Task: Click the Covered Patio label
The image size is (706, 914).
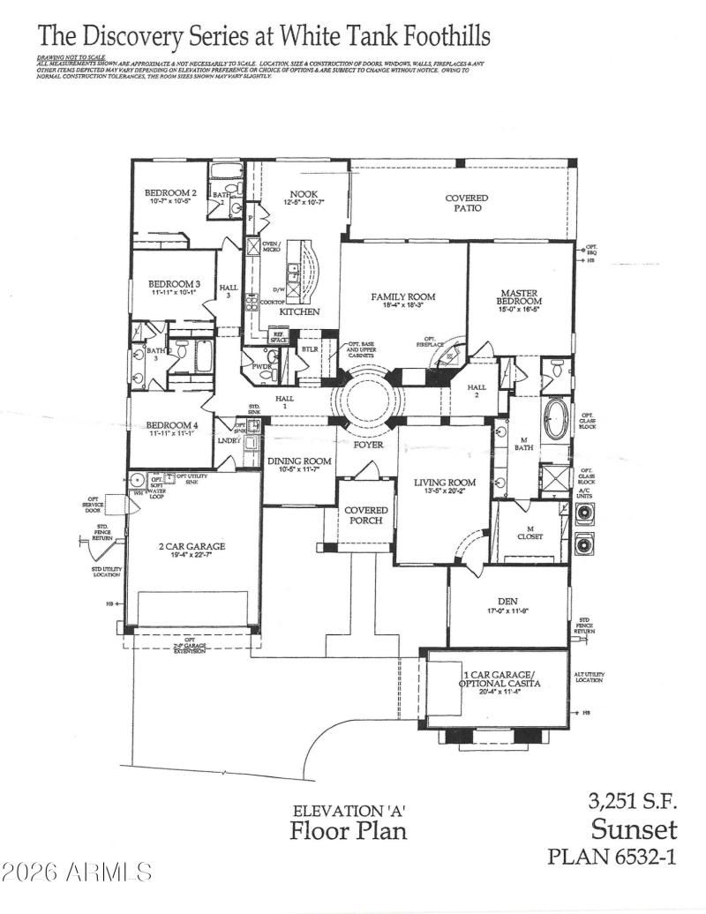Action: pyautogui.click(x=466, y=203)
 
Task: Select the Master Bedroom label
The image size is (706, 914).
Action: pyautogui.click(x=520, y=297)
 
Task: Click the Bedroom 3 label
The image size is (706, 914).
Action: pyautogui.click(x=174, y=288)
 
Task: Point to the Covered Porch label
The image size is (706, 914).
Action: pyautogui.click(x=365, y=516)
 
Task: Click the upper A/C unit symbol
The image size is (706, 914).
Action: pyautogui.click(x=585, y=514)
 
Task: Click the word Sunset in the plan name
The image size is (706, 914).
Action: pyautogui.click(x=634, y=829)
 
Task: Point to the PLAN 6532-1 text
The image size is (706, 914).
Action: pyautogui.click(x=612, y=858)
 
